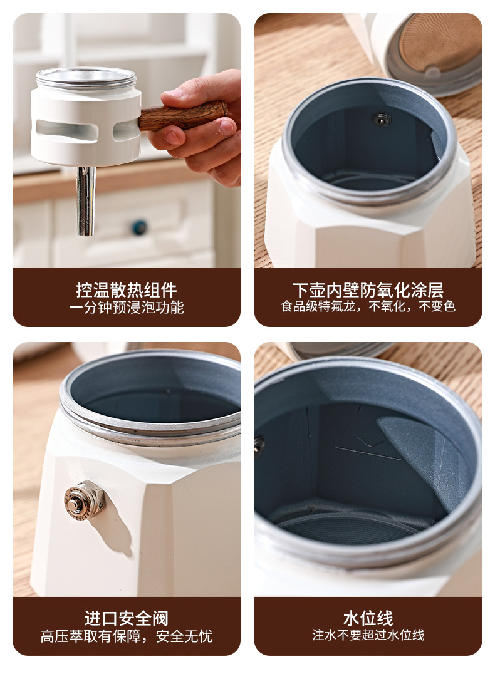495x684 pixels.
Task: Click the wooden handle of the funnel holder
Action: tap(184, 116)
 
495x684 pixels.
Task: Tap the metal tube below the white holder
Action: tap(86, 200)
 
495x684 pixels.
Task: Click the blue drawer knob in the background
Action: tap(140, 227)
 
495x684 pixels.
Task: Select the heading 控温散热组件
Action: tap(127, 290)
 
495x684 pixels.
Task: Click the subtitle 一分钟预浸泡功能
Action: tap(127, 308)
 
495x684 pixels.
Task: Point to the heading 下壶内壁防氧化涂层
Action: tap(368, 290)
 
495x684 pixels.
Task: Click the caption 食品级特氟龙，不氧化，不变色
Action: tap(368, 306)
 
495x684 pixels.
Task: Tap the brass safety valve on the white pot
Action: tap(85, 499)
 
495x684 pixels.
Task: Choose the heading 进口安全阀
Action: tap(127, 619)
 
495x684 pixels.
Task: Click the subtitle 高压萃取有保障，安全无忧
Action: tap(127, 636)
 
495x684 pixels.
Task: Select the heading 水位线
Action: tap(368, 618)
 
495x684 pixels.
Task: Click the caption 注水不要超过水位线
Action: tap(368, 635)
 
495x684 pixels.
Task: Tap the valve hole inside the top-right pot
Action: tap(382, 119)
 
